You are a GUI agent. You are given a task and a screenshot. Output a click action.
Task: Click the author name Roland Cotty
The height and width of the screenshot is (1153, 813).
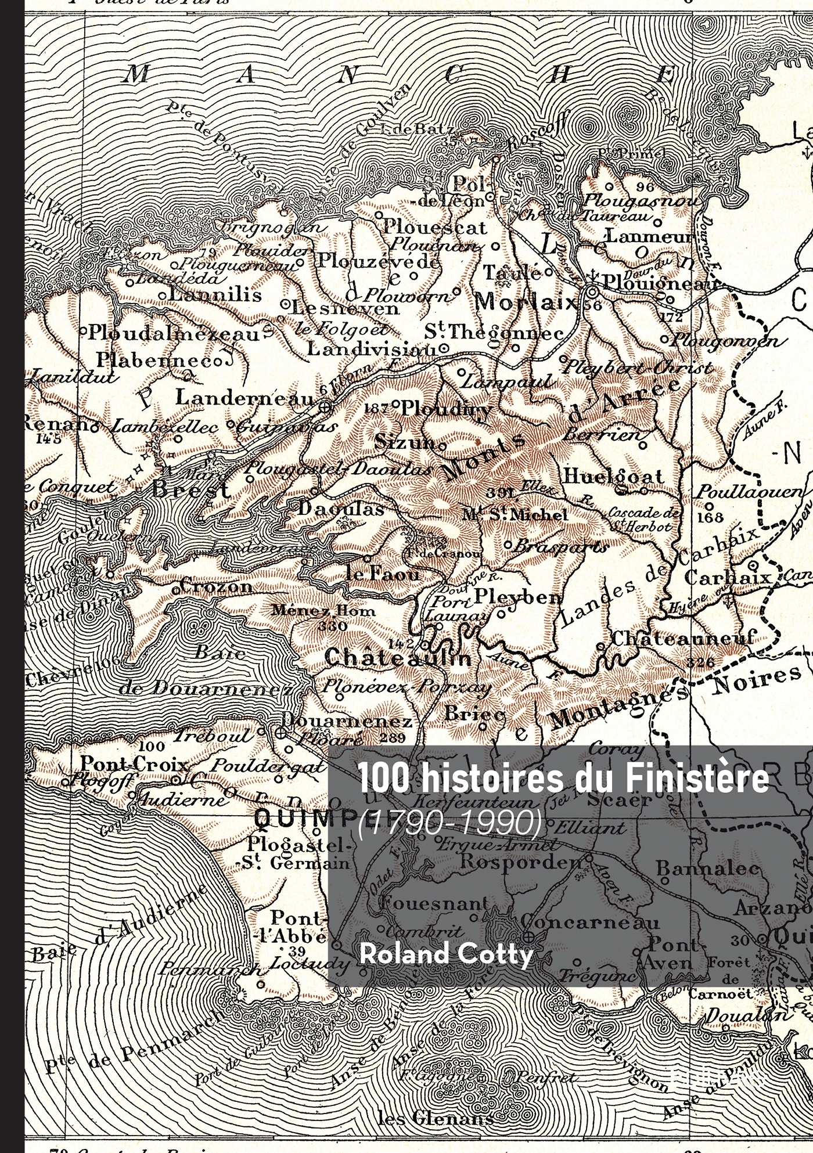[445, 954]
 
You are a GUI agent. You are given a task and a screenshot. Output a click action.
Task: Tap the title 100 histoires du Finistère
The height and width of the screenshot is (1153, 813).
[563, 780]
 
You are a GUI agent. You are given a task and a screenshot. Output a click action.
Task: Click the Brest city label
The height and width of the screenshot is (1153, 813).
[190, 489]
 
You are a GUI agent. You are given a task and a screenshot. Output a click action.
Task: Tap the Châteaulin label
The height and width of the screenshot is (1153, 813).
[398, 658]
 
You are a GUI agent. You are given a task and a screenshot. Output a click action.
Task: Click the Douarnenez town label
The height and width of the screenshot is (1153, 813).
[347, 720]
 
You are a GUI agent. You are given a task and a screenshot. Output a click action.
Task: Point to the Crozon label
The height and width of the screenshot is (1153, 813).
[216, 586]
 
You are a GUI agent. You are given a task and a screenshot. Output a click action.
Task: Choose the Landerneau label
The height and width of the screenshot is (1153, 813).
[244, 398]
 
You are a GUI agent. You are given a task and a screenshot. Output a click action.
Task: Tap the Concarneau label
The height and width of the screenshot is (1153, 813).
[590, 921]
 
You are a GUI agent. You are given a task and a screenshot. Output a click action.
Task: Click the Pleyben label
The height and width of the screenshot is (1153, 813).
[518, 596]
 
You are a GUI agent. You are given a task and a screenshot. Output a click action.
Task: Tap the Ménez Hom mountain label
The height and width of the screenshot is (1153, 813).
[323, 611]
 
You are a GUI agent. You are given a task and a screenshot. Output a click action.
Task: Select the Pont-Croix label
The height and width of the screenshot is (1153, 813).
[134, 762]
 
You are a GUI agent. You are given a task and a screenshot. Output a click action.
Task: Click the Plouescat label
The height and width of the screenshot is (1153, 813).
[434, 227]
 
